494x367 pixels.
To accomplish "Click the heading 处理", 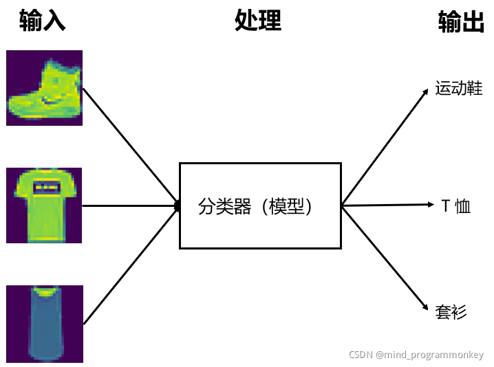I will point(258,21).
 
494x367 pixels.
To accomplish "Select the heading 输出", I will point(461,22).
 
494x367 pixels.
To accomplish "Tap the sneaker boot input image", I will point(44,88).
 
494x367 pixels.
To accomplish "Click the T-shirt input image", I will point(44,205).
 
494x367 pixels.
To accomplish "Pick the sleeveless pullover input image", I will point(44,324).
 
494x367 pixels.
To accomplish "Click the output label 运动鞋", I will point(459,89).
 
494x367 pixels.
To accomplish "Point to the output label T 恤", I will point(455,205).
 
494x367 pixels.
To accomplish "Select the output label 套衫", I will point(451,312).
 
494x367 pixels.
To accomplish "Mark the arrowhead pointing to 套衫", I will point(427,313).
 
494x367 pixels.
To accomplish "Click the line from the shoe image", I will point(131,146).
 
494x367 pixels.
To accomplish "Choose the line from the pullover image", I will point(131,264).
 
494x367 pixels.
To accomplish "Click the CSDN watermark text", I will point(416,355).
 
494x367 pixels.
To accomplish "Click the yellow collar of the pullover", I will point(45,293).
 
